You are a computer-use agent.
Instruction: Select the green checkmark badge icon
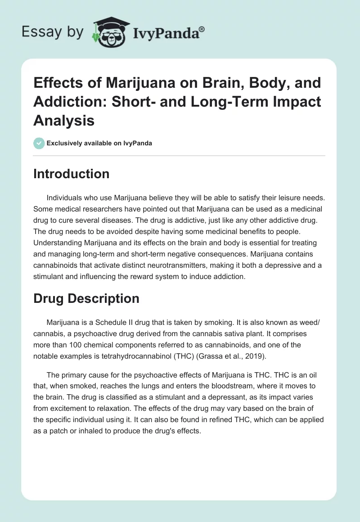39,143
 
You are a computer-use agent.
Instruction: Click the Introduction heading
71,174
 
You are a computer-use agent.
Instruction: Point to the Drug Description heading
86,298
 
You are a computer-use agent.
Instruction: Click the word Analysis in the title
64,120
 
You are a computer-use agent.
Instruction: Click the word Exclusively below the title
64,143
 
